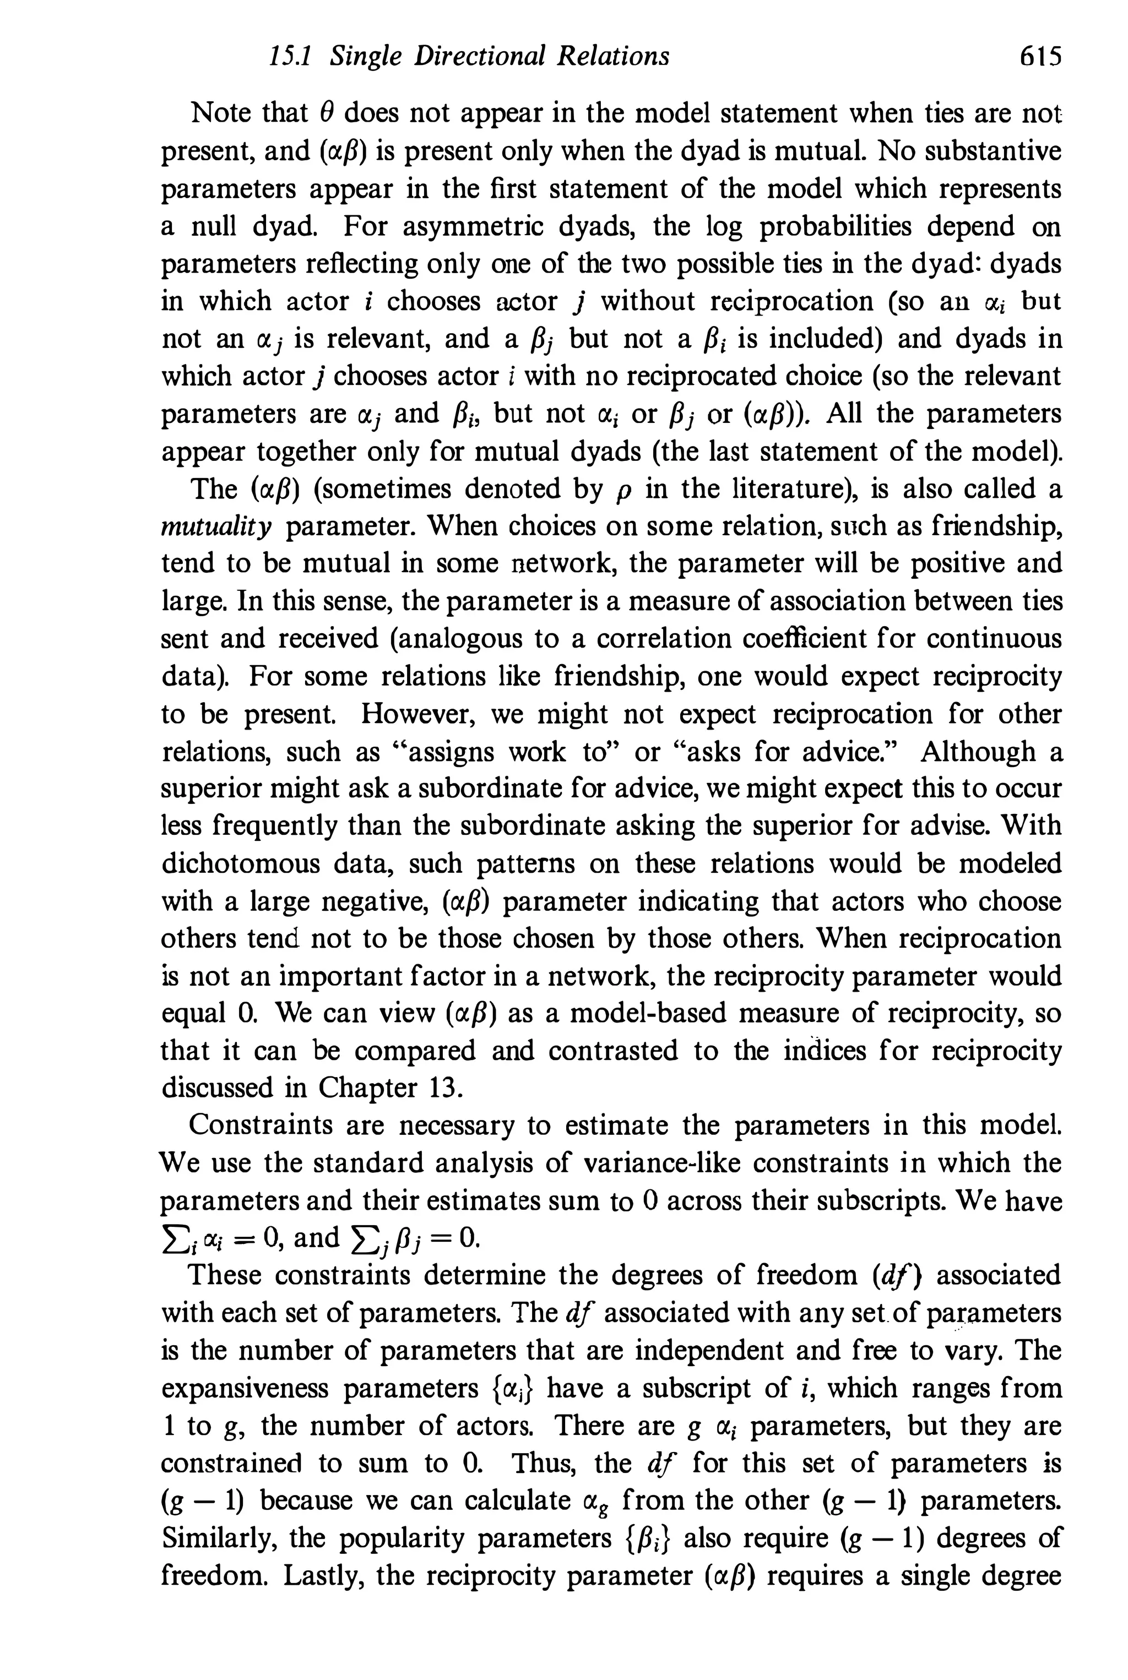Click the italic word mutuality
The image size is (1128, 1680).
(216, 527)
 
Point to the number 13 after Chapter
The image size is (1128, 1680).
(443, 1088)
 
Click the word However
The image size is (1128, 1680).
(418, 714)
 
